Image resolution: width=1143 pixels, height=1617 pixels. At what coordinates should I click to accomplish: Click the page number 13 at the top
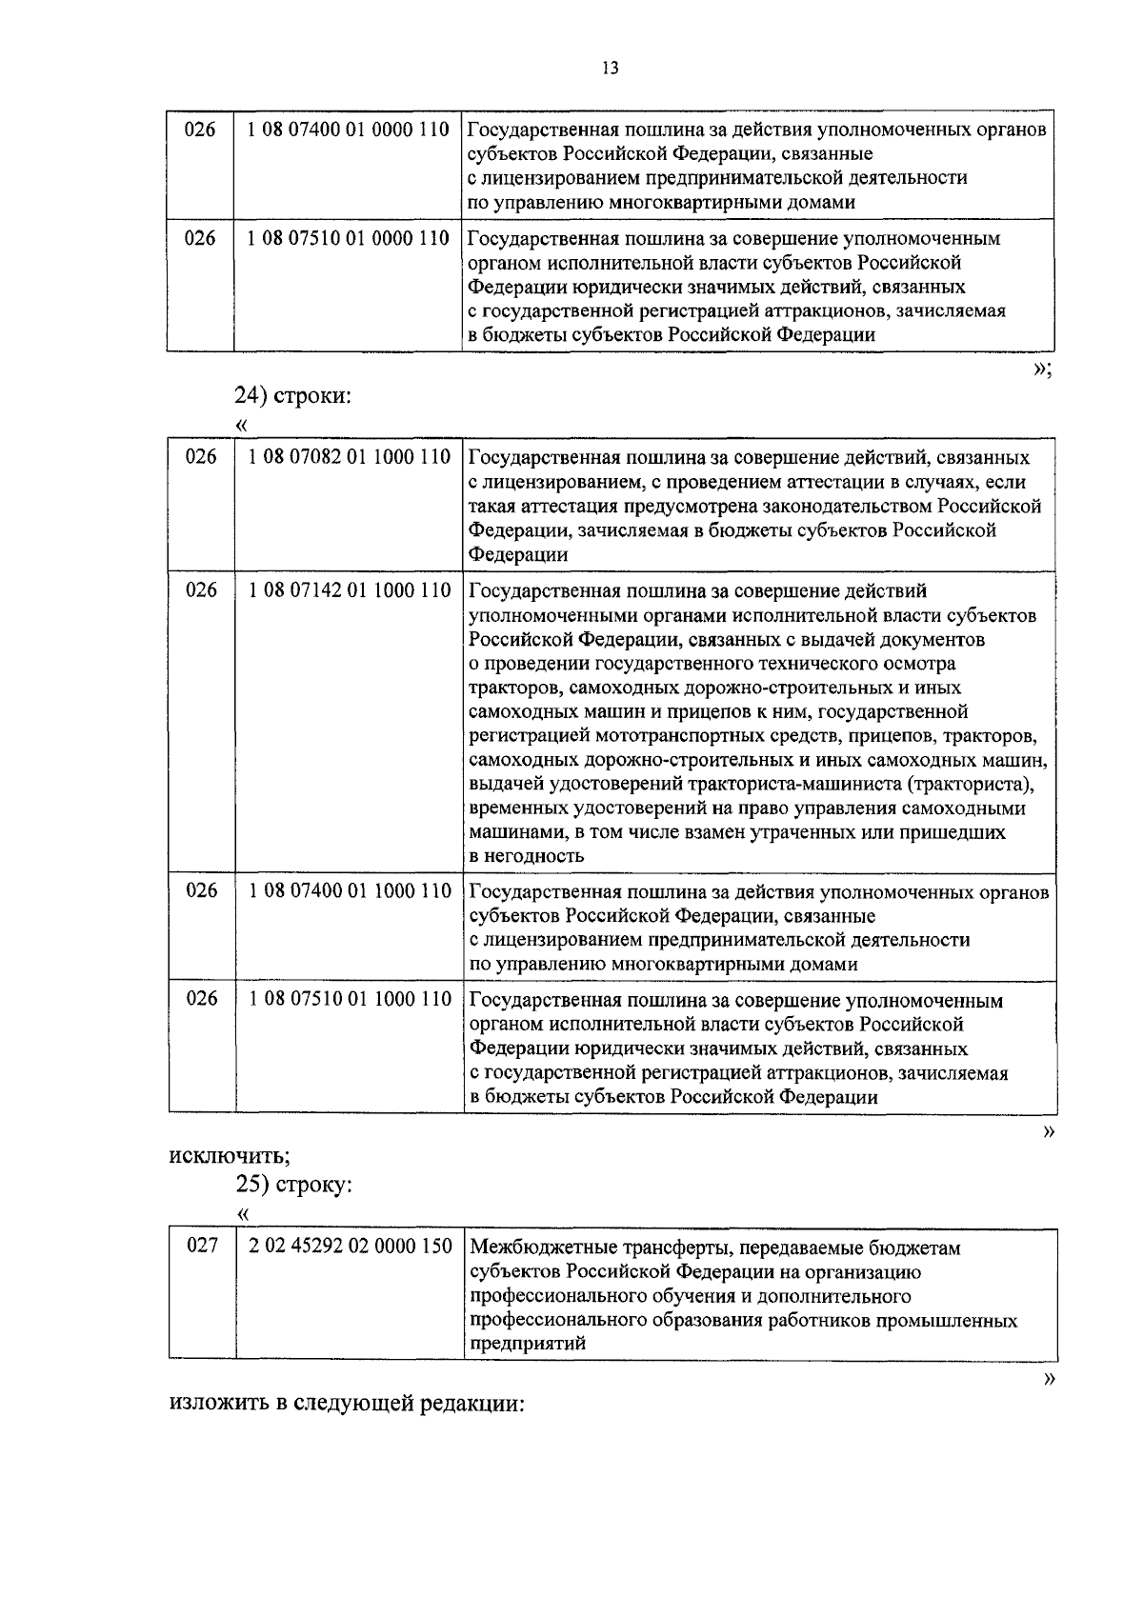pyautogui.click(x=611, y=68)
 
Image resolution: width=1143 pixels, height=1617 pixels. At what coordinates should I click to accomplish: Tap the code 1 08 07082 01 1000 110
pyautogui.click(x=350, y=458)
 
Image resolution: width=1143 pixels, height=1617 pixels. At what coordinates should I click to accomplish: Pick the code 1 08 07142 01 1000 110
pyautogui.click(x=350, y=591)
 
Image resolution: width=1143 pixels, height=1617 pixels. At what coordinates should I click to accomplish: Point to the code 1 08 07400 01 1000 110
pyautogui.click(x=350, y=892)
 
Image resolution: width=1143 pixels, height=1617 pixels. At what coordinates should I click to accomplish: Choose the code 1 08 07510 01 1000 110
pyautogui.click(x=350, y=1000)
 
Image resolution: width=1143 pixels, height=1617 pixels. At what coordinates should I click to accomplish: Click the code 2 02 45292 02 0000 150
pyautogui.click(x=350, y=1247)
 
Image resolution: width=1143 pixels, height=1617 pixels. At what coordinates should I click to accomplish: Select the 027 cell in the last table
pyautogui.click(x=202, y=1246)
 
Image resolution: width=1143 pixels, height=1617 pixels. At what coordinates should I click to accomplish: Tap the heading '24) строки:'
pyautogui.click(x=293, y=396)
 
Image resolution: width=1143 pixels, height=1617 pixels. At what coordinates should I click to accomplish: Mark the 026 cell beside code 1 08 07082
pyautogui.click(x=201, y=458)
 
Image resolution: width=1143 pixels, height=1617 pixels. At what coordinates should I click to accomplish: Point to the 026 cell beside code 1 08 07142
pyautogui.click(x=201, y=591)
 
